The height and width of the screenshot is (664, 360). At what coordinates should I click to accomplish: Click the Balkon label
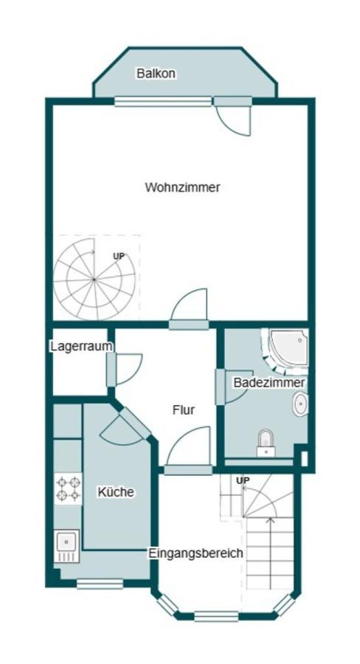[156, 74]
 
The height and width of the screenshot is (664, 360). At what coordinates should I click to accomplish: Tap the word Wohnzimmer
[182, 187]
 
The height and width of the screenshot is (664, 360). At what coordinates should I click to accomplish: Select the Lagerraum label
[81, 346]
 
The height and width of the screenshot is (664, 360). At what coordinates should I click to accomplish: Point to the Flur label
[184, 410]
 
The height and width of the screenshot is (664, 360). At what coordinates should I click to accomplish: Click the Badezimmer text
[269, 383]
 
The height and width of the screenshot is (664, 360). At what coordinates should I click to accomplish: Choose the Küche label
[116, 491]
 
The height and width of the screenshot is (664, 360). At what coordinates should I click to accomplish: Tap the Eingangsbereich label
[195, 553]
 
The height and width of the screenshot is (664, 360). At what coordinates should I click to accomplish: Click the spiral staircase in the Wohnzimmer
[94, 279]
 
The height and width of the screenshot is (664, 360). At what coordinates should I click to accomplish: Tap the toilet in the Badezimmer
[266, 443]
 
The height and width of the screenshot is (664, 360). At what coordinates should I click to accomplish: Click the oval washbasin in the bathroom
[300, 404]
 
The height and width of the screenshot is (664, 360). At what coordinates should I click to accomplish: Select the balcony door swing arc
[235, 120]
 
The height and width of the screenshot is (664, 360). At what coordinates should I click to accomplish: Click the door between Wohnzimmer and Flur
[191, 308]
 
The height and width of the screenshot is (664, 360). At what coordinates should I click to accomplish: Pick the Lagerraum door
[125, 370]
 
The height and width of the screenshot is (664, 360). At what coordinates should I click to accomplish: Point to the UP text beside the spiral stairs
[118, 256]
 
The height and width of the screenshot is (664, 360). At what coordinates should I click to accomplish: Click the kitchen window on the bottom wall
[100, 584]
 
